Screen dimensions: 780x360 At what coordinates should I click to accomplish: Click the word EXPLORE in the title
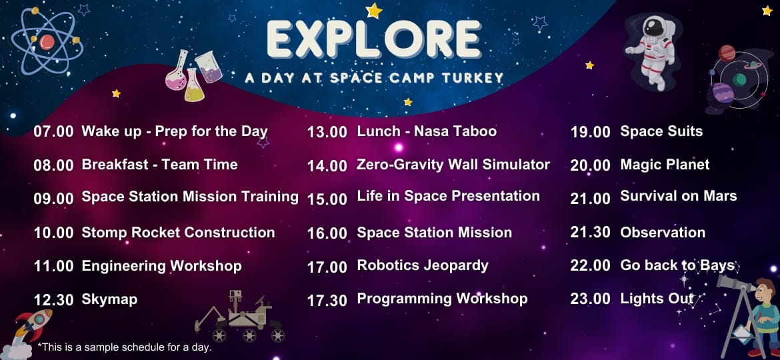[373, 39]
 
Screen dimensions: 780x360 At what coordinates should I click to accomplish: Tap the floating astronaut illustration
[651, 51]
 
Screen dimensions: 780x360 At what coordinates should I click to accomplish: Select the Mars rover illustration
[240, 317]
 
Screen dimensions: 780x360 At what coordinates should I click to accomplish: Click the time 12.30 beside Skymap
[54, 300]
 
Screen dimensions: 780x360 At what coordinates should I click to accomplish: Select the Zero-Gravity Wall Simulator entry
[453, 165]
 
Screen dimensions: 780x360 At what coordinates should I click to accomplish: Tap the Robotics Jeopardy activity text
[423, 265]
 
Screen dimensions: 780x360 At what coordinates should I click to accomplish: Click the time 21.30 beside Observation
[590, 233]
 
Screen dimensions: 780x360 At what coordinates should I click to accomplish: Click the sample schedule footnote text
[125, 347]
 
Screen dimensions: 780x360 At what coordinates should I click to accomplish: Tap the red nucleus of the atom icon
[47, 42]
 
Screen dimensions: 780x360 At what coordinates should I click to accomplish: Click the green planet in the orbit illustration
[740, 79]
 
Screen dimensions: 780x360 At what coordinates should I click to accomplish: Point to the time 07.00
[54, 132]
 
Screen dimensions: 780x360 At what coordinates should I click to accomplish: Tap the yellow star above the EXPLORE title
[373, 11]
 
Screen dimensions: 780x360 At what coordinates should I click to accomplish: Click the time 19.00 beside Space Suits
[590, 132]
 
